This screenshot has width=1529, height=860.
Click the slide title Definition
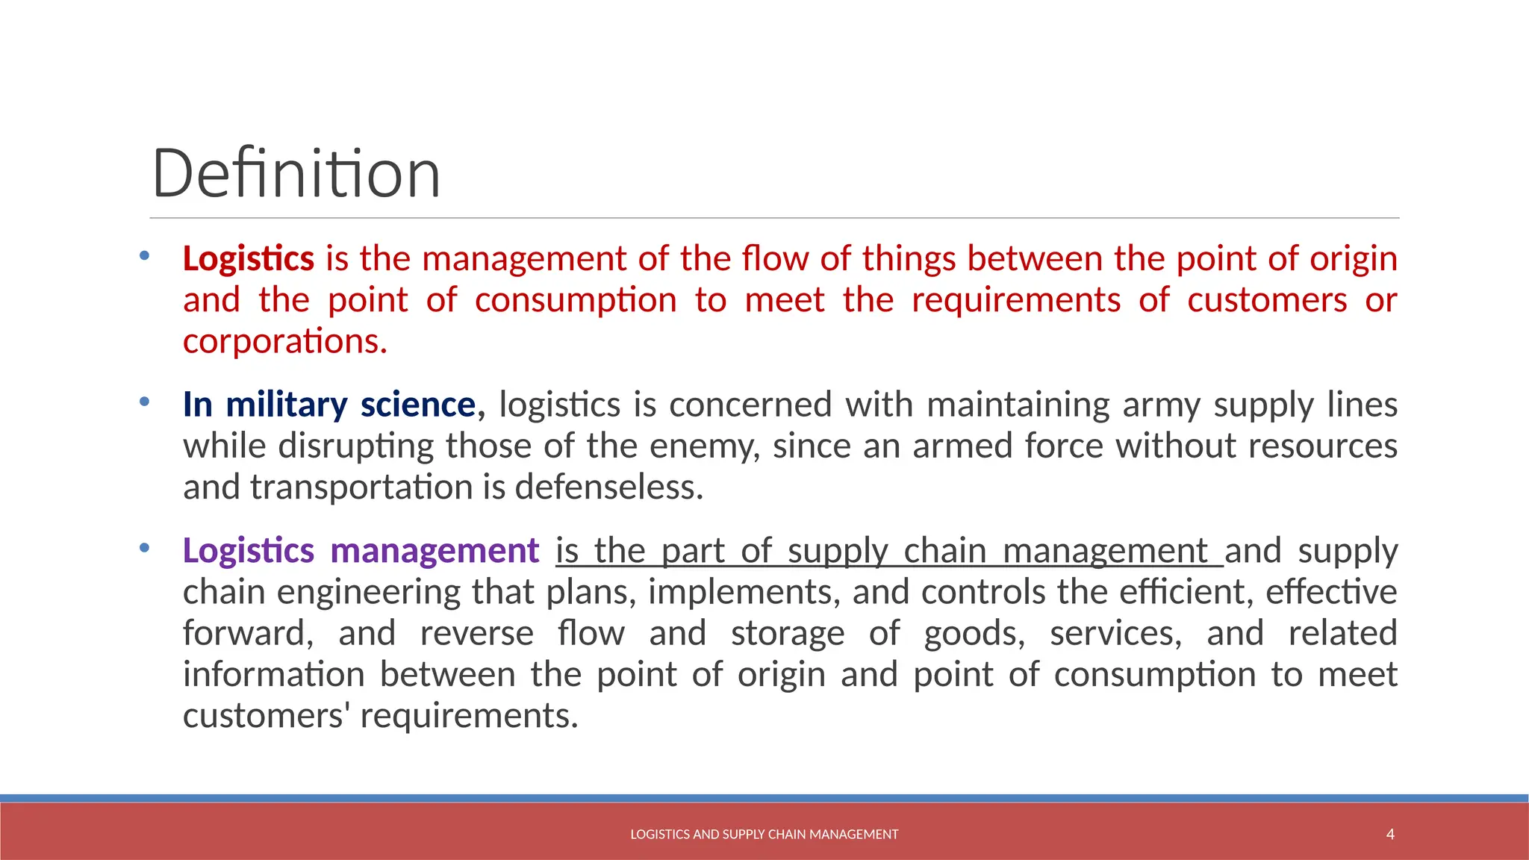[296, 174]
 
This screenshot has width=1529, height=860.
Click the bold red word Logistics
[249, 259]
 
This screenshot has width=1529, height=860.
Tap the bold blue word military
[287, 405]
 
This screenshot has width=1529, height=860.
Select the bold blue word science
[418, 405]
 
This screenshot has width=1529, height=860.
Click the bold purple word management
[435, 551]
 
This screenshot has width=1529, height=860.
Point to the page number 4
[1390, 834]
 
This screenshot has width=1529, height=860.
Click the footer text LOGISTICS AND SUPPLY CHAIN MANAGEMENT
[764, 835]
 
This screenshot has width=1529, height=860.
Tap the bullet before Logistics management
[144, 549]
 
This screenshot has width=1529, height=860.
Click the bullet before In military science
[144, 402]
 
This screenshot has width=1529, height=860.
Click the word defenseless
[608, 487]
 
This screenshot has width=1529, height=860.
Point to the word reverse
[476, 634]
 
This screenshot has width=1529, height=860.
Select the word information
[273, 675]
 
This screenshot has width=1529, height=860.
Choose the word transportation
[361, 487]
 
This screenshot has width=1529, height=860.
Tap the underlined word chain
[944, 551]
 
